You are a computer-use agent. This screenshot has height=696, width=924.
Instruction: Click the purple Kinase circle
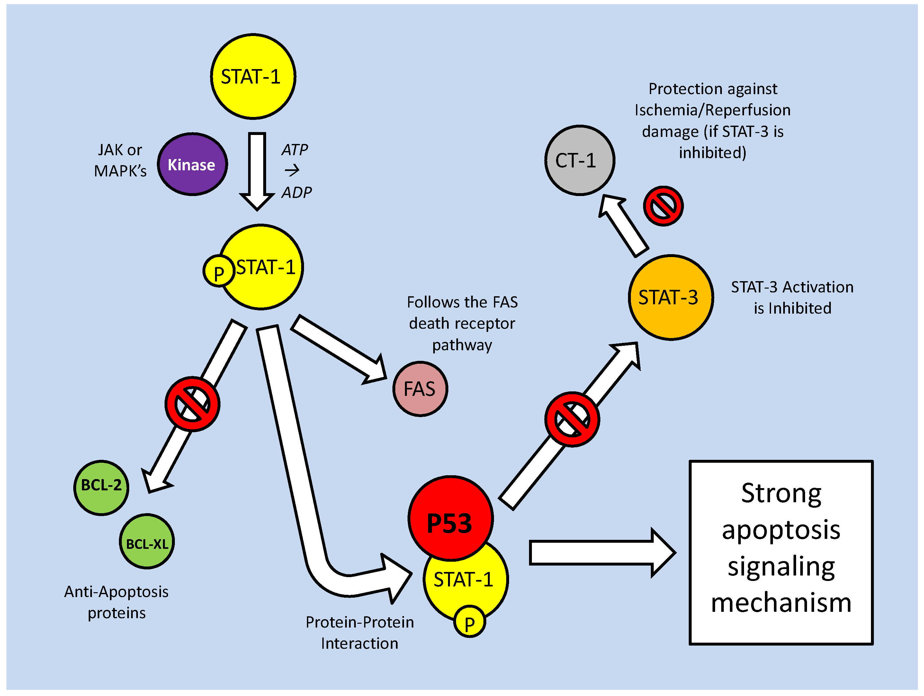click(x=192, y=165)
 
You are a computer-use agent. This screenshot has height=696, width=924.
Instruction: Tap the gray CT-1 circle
click(x=579, y=160)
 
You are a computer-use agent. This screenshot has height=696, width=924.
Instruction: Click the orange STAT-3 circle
click(x=670, y=297)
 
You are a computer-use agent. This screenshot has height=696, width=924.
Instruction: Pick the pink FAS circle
click(x=420, y=389)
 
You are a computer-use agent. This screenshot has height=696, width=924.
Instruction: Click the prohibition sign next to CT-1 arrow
click(x=663, y=206)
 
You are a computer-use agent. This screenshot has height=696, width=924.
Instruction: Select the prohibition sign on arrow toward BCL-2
click(x=192, y=404)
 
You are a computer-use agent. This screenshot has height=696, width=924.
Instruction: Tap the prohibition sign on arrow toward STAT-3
click(x=572, y=419)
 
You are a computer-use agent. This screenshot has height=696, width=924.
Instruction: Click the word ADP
click(x=297, y=193)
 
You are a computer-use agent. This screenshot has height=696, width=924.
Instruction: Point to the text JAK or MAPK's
click(x=120, y=160)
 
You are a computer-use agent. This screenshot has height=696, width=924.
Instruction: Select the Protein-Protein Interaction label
click(x=359, y=633)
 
